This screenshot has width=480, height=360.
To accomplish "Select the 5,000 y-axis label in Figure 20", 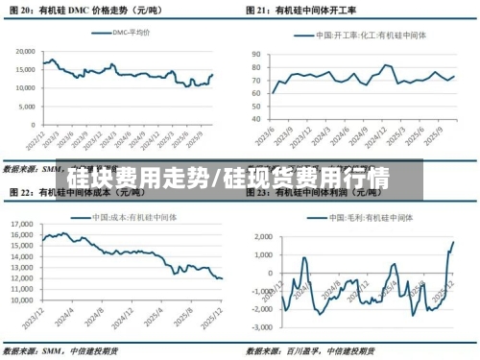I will [x=26, y=107].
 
